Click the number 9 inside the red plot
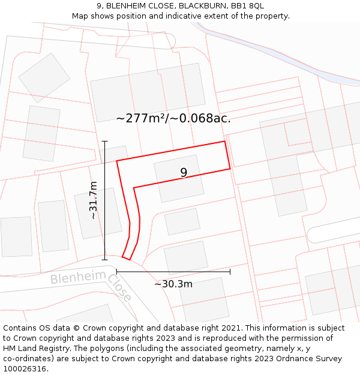pos(184,173)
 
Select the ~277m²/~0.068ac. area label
pos(173,118)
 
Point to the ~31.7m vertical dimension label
pos(94,200)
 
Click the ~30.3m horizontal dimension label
pos(173,284)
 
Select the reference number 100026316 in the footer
pos(25,368)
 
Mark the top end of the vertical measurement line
pos(105,142)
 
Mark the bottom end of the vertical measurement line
pos(105,260)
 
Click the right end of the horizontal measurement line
pos(230,272)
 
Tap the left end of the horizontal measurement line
pos(117,272)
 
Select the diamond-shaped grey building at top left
pos(44,77)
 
